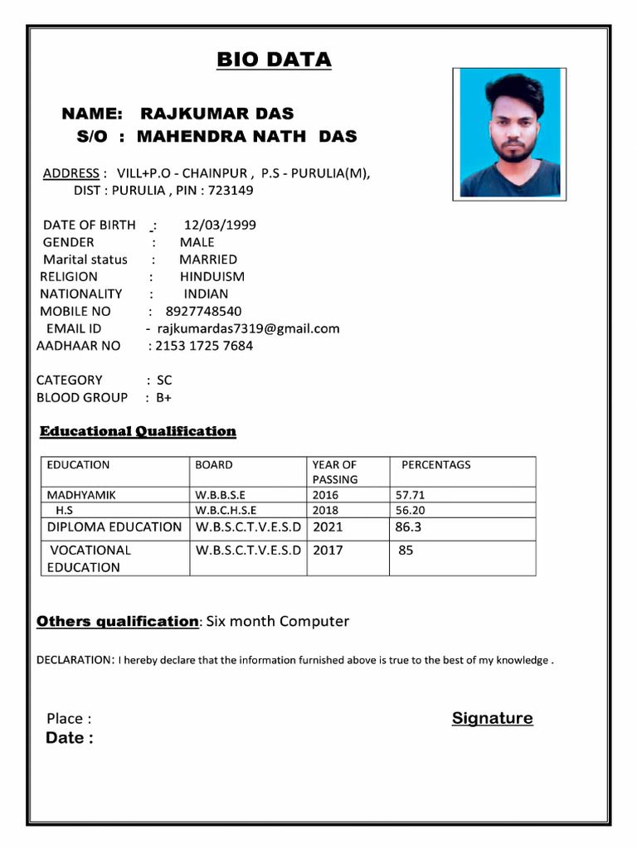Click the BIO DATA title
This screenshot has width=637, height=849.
click(274, 60)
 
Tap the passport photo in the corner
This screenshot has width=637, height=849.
click(509, 134)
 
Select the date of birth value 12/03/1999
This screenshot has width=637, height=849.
click(220, 225)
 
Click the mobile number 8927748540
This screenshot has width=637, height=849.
click(204, 311)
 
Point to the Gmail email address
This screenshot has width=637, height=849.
click(248, 328)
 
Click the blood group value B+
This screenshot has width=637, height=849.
click(163, 397)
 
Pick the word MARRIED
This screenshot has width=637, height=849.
click(208, 260)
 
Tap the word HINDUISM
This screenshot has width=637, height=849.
click(212, 277)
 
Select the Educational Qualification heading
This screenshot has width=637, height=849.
click(139, 431)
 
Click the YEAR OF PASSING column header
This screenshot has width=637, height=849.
click(334, 472)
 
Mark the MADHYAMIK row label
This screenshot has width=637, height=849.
click(81, 495)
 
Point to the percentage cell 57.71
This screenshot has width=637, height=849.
click(410, 495)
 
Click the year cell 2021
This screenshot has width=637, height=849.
click(328, 526)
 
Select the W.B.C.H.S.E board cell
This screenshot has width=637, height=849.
click(226, 510)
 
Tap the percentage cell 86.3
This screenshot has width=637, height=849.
click(409, 526)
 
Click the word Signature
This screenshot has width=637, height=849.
click(493, 718)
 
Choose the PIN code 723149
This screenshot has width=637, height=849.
click(231, 190)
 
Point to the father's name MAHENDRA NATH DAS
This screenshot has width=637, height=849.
click(231, 135)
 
